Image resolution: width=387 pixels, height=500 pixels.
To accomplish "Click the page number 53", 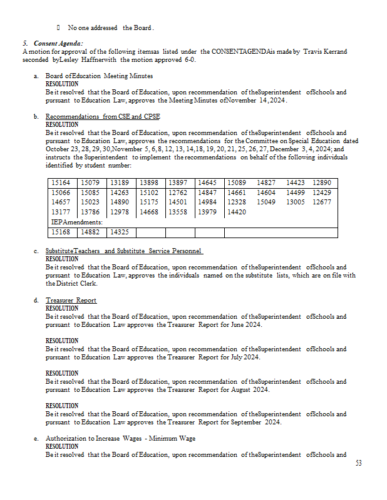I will [x=358, y=463].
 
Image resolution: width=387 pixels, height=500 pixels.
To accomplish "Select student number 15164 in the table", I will [x=61, y=182].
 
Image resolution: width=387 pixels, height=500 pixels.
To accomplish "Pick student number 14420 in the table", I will [x=236, y=212].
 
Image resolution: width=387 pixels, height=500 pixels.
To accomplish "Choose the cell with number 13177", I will [x=61, y=212].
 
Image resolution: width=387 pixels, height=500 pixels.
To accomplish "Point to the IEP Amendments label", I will [x=68, y=222].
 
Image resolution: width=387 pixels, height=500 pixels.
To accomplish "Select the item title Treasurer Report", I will [x=71, y=301].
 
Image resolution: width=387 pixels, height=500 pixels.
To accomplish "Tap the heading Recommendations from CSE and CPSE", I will [x=103, y=117].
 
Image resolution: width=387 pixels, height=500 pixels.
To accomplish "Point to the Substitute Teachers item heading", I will [x=124, y=251].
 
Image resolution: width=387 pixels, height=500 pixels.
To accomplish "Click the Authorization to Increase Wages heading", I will [x=120, y=439].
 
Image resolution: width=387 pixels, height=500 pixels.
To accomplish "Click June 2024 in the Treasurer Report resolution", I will [x=247, y=325].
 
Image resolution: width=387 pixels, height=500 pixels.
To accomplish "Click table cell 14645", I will [x=207, y=182].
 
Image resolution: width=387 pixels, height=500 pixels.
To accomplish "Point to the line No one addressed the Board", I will [x=110, y=27].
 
